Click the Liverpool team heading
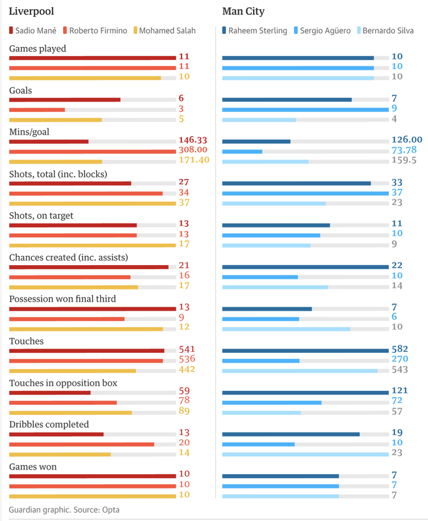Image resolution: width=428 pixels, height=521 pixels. tap(31, 11)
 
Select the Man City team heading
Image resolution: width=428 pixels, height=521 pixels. tap(243, 11)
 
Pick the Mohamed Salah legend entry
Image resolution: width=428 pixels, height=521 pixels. tap(167, 31)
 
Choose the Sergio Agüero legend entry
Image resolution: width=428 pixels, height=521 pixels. tap(325, 31)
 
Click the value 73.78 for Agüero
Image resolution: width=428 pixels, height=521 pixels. tap(404, 150)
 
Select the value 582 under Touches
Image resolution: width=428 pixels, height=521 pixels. tap(400, 350)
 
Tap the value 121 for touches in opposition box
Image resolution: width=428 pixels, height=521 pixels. tap(400, 391)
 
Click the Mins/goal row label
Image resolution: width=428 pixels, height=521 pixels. tap(29, 132)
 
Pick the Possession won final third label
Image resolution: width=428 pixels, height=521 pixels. tap(62, 299)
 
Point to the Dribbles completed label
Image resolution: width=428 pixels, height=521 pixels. tap(49, 424)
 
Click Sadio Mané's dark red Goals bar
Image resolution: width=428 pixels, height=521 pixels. tap(64, 100)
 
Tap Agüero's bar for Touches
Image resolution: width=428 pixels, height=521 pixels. tap(261, 360)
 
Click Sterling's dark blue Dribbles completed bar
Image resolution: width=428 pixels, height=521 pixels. tap(291, 434)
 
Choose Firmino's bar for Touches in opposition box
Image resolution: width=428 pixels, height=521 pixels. tap(63, 402)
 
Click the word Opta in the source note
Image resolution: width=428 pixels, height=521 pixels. tap(111, 509)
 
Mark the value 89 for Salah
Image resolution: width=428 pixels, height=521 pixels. tap(185, 412)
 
